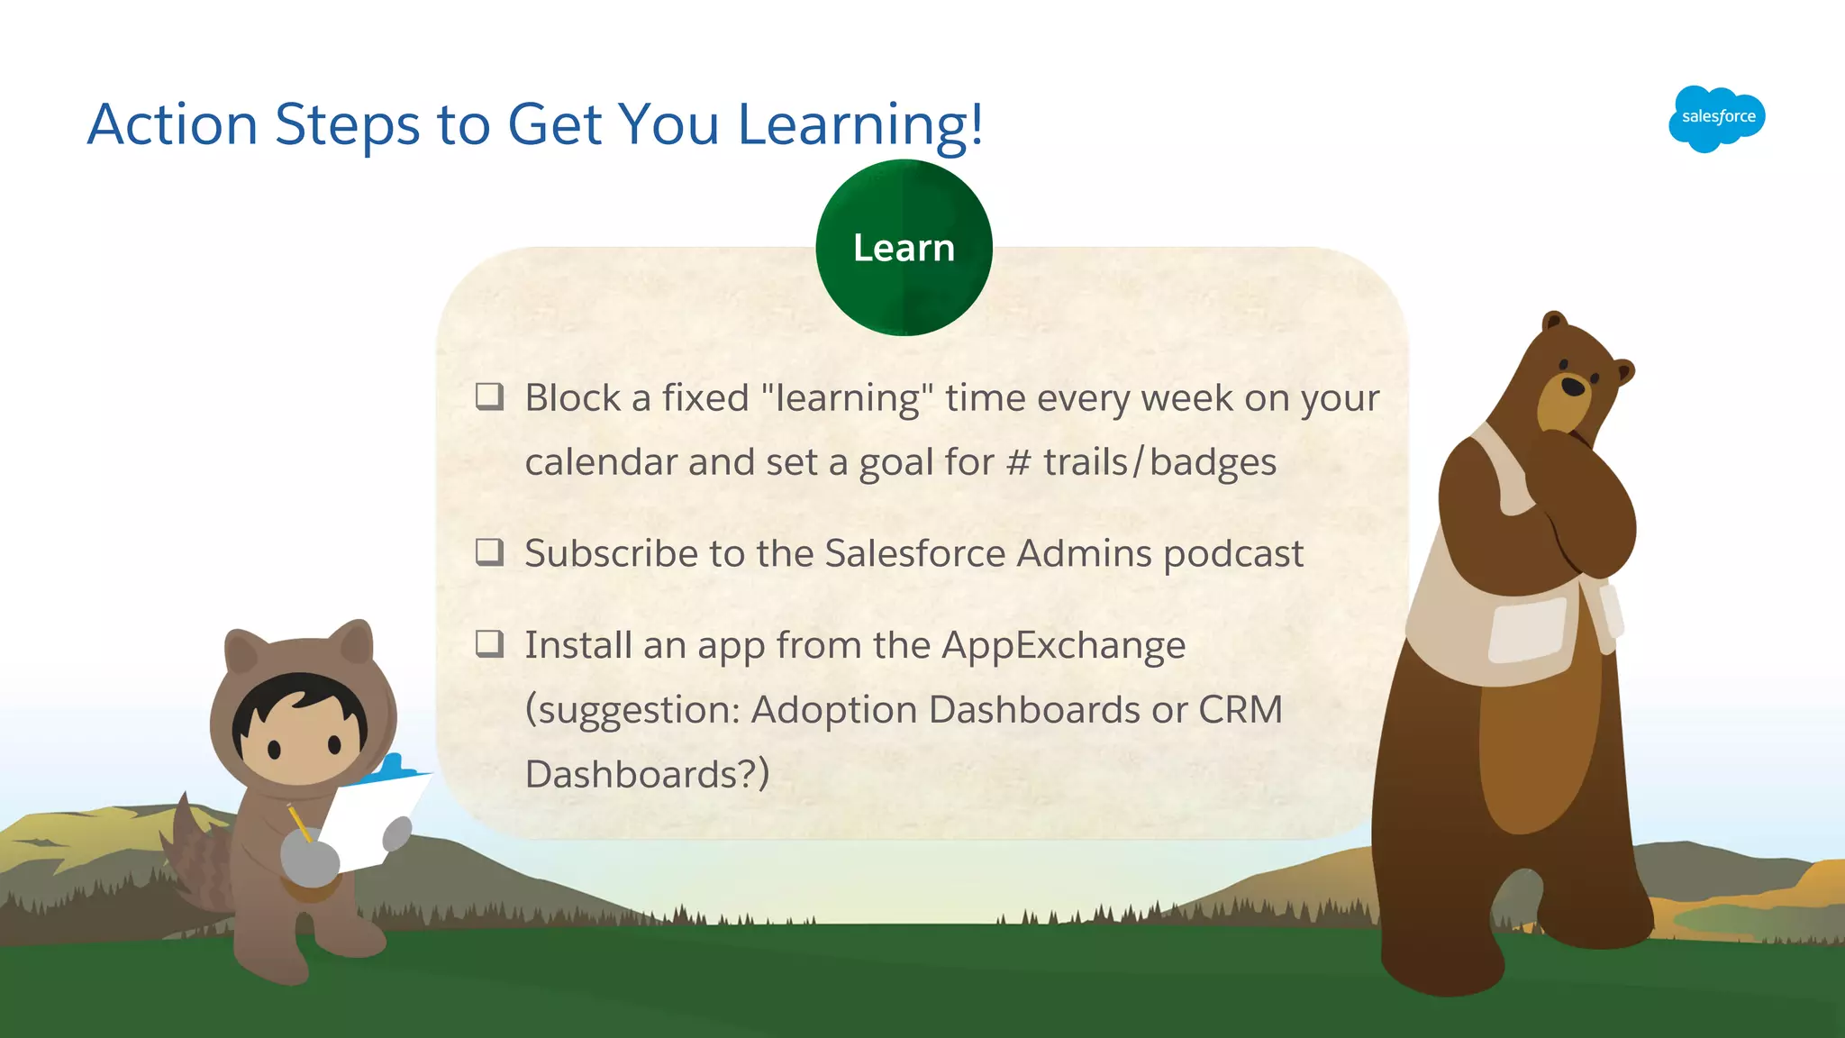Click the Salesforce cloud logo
[1716, 118]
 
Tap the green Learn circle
[904, 248]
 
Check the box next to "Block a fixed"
[489, 396]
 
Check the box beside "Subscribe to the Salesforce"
[489, 551]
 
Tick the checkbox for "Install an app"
[489, 643]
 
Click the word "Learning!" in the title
[860, 124]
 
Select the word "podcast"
[1232, 554]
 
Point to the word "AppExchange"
[1063, 646]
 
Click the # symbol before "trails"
[1018, 463]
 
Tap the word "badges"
[1213, 463]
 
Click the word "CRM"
[1240, 710]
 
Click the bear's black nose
[1572, 387]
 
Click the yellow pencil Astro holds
[299, 823]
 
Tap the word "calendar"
[601, 463]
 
